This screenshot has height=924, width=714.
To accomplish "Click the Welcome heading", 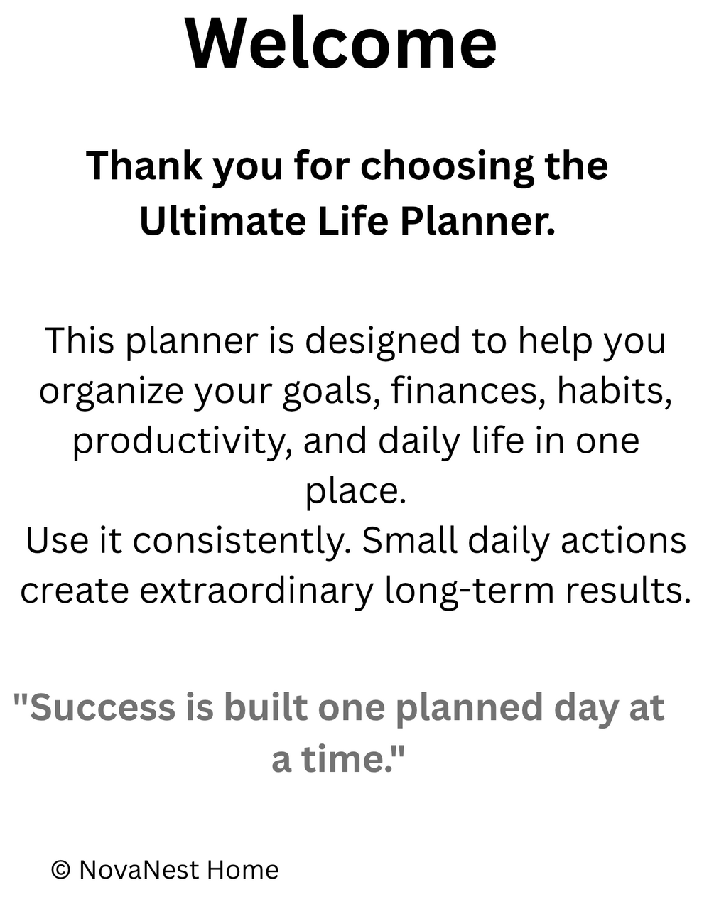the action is [341, 43].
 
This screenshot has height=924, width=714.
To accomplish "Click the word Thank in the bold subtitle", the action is [144, 165].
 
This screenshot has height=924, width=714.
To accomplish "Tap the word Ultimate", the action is [223, 221].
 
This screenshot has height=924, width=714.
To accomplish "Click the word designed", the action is [382, 343].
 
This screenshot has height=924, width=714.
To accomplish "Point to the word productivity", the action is [183, 443].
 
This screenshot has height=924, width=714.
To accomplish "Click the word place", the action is [356, 493].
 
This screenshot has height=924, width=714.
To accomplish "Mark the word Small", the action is [410, 541].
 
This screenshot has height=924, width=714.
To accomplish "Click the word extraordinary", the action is [256, 592].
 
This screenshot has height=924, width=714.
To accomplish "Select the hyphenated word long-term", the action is [470, 592].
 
